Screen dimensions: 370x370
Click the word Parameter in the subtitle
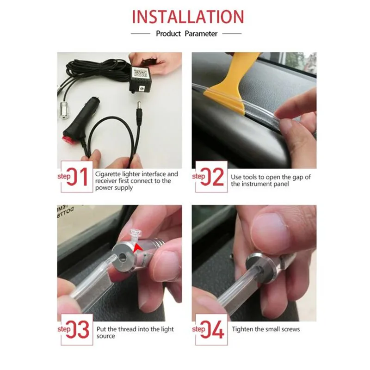pos(201,34)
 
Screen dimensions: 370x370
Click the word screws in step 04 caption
pos(290,329)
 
